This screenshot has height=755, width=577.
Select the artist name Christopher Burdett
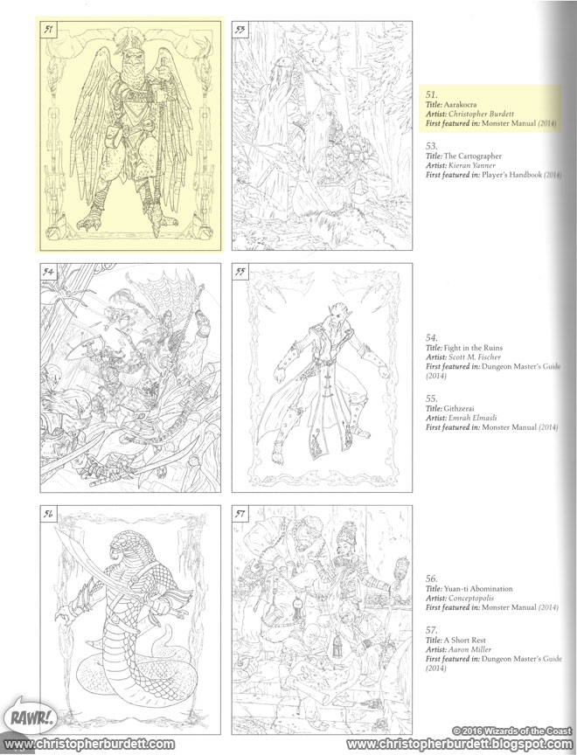(489, 114)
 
